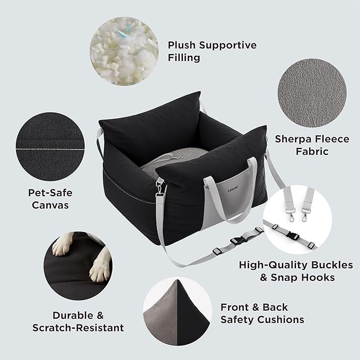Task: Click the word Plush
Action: point(182,45)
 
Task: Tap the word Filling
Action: point(184,57)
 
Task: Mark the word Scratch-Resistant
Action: point(78,328)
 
